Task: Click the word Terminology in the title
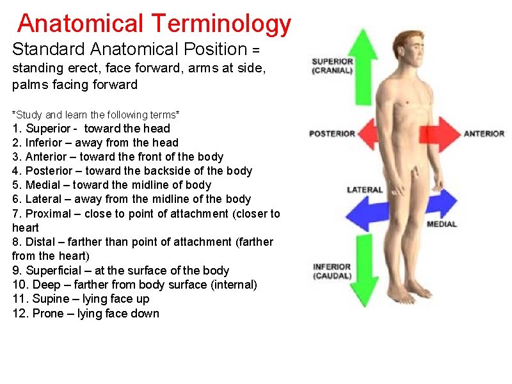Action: coord(221,24)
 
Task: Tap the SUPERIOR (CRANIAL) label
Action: coord(332,66)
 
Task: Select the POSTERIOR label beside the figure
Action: coord(332,134)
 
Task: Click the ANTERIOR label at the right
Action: coord(484,134)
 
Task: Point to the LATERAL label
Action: coord(365,190)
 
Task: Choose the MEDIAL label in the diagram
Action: coord(442,224)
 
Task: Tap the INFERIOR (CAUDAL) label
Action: coord(332,271)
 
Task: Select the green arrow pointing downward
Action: coord(364,282)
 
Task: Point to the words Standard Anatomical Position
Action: coord(129,49)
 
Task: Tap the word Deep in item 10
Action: coord(46,285)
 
